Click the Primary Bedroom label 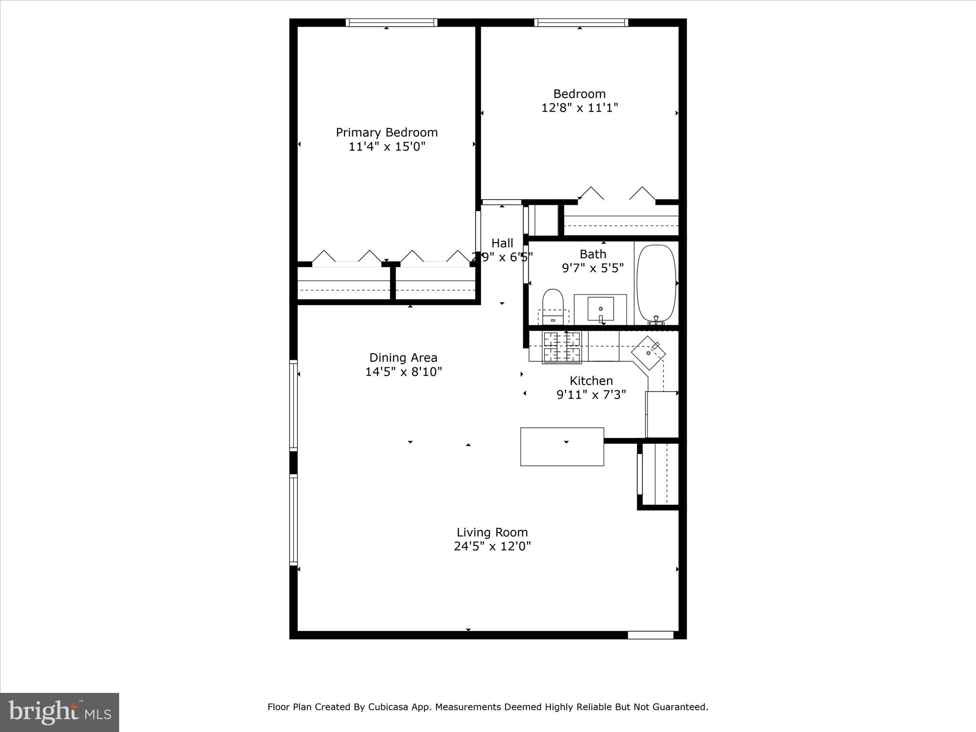coord(386,132)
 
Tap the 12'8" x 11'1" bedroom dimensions coord(579,108)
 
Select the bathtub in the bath coord(656,283)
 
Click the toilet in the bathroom coord(553,305)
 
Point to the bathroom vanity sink coord(600,308)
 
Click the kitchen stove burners coord(562,346)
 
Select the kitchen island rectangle coord(562,447)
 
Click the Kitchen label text coord(591,381)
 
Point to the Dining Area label coord(403,357)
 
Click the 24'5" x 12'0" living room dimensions coord(492,546)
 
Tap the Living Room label coord(492,532)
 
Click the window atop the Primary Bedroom coord(391,22)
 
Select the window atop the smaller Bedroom coord(580,22)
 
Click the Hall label coord(502,243)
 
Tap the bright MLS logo coord(60,712)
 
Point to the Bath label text coord(593,254)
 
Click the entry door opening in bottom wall coord(650,635)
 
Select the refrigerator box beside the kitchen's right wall coord(661,414)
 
